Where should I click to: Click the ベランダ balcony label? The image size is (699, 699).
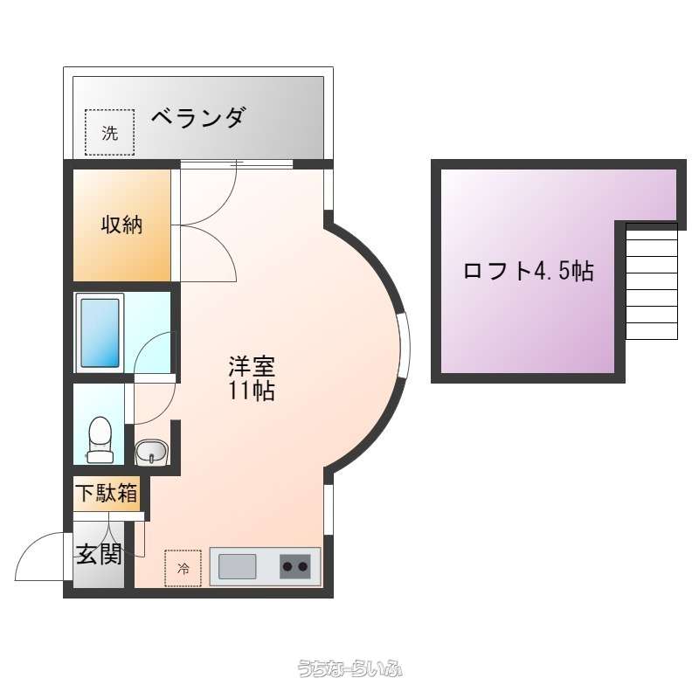pyautogui.click(x=198, y=118)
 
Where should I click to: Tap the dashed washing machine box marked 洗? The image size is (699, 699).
pyautogui.click(x=110, y=133)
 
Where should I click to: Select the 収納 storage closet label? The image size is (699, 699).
pyautogui.click(x=121, y=225)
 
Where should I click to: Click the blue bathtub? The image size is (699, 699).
pyautogui.click(x=100, y=333)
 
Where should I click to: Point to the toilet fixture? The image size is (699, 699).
pyautogui.click(x=100, y=439)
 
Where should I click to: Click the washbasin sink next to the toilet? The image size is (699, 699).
pyautogui.click(x=151, y=452)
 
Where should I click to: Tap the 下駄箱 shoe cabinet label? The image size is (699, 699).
pyautogui.click(x=107, y=493)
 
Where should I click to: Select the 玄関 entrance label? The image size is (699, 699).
pyautogui.click(x=99, y=554)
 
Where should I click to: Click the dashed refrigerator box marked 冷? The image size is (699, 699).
pyautogui.click(x=183, y=568)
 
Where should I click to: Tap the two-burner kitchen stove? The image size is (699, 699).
pyautogui.click(x=295, y=566)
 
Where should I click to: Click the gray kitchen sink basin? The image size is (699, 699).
pyautogui.click(x=237, y=566)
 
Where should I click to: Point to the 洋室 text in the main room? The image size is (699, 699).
pyautogui.click(x=252, y=366)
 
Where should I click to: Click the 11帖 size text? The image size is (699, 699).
pyautogui.click(x=252, y=391)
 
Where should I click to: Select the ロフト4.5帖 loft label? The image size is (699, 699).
pyautogui.click(x=529, y=271)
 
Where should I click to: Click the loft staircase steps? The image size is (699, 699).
pyautogui.click(x=652, y=281)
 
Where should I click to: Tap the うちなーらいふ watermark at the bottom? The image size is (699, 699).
pyautogui.click(x=350, y=668)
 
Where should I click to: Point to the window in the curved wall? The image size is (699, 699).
pyautogui.click(x=405, y=345)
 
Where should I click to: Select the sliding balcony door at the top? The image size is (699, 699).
pyautogui.click(x=236, y=164)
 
